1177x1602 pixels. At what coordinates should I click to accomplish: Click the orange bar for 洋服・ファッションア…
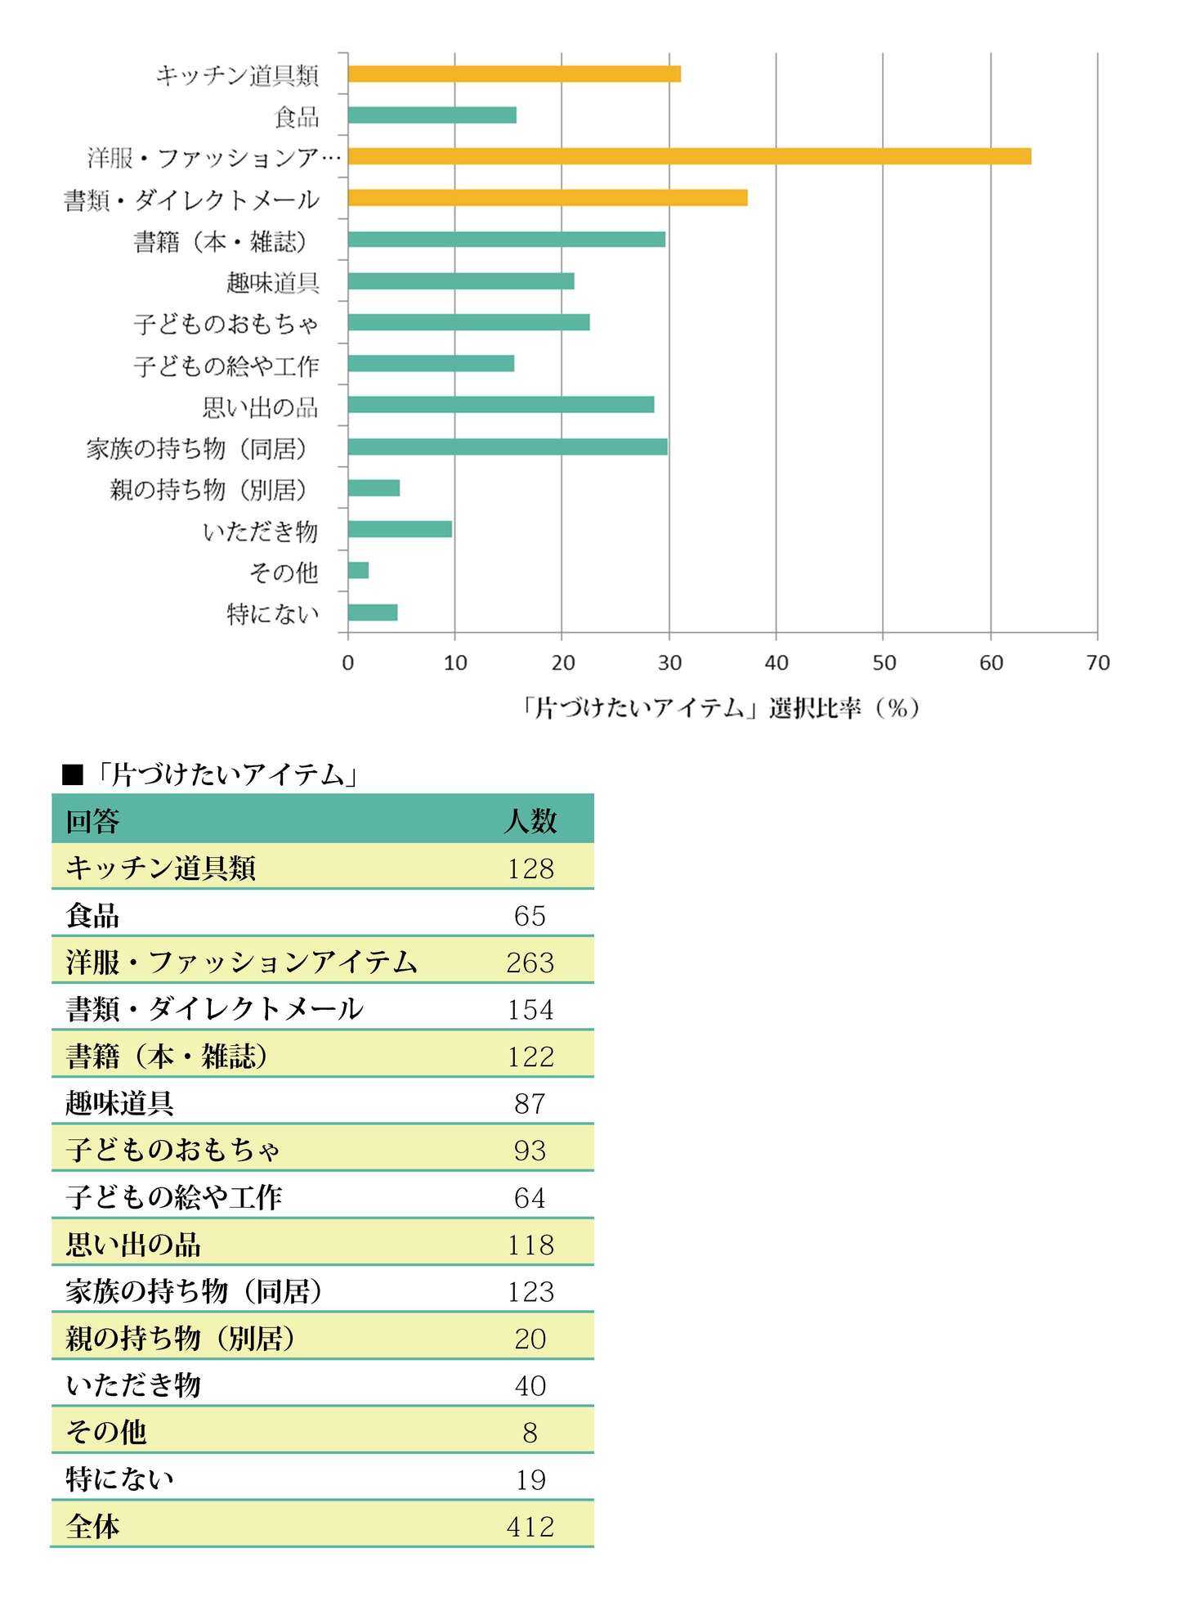coord(689,156)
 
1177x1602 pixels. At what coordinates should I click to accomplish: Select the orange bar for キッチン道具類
coord(514,74)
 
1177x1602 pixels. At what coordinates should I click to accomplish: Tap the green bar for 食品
coord(432,115)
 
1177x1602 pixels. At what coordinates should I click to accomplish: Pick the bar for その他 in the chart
coord(358,570)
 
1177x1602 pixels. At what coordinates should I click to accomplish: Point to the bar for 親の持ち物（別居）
coord(374,488)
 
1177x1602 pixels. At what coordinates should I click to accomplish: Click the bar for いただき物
coord(400,529)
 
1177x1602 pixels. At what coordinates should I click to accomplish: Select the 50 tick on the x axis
coord(884,662)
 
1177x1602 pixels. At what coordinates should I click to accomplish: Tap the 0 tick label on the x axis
coord(348,662)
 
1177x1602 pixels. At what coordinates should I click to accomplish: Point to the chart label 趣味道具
coord(272,283)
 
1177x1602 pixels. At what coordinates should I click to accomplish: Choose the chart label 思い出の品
coord(260,407)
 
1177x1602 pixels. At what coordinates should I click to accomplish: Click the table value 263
coord(530,963)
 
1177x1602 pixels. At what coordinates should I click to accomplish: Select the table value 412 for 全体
coord(530,1526)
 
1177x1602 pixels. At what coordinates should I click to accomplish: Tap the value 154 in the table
coord(530,1009)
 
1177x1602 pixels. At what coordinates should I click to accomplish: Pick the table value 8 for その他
coord(530,1432)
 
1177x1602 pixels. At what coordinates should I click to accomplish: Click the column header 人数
coord(530,820)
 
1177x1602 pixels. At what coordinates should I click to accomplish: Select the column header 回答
coord(93,820)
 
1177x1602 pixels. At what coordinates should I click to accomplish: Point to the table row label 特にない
coord(120,1479)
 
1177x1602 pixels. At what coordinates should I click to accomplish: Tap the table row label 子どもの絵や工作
coord(174,1197)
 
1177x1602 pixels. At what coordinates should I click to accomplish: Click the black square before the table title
coord(73,774)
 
